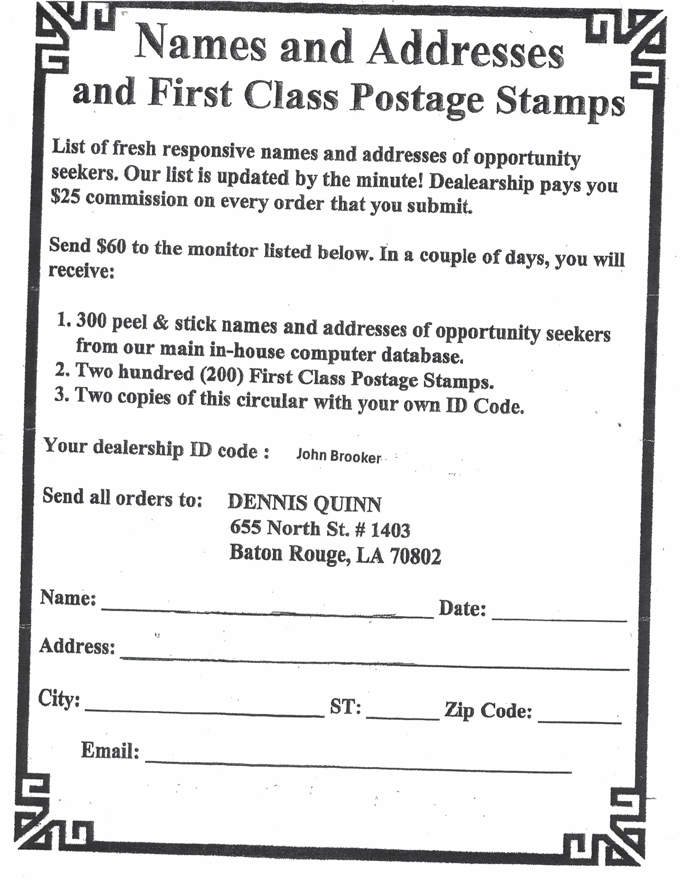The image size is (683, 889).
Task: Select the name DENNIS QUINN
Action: [304, 504]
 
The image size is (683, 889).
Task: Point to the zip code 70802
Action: [415, 556]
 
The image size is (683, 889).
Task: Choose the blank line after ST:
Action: [403, 718]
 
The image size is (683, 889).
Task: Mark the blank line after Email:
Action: [358, 766]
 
